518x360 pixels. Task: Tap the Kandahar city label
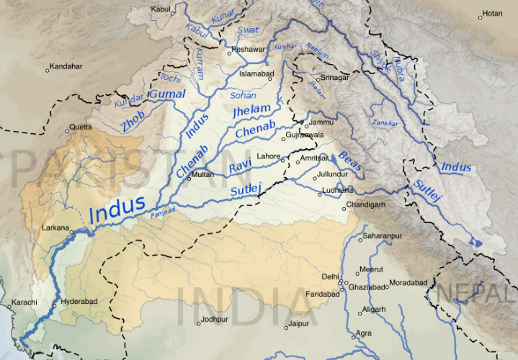[x=67, y=66]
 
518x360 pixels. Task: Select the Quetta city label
[x=79, y=127]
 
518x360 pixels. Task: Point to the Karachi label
[x=22, y=303]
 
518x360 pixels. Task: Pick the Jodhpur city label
[x=215, y=319]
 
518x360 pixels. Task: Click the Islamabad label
[x=258, y=73]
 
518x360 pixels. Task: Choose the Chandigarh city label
[x=366, y=205]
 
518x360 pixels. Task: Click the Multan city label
[x=203, y=174]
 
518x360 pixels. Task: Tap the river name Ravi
[x=238, y=168]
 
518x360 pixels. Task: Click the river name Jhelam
[x=252, y=109]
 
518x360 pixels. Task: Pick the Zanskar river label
[x=385, y=123]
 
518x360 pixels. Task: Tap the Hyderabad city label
[x=78, y=302]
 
